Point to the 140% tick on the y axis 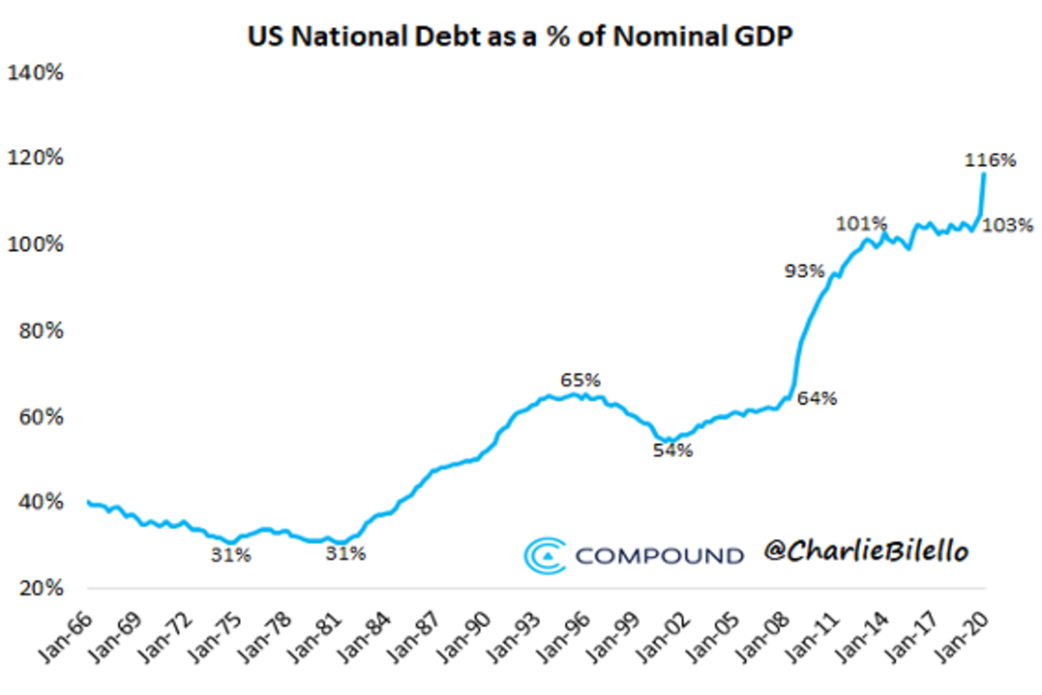coord(36,73)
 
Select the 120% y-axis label coord(36,158)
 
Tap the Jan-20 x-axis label coord(968,641)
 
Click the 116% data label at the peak coord(990,160)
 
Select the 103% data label coord(1008,226)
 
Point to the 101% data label coord(861,224)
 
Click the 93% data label coord(804,271)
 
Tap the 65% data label coord(580,380)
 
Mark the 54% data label coord(674,451)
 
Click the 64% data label coord(818,399)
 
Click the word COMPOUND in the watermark coord(660,555)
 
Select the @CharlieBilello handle coord(865,551)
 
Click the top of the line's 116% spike coord(983,174)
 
